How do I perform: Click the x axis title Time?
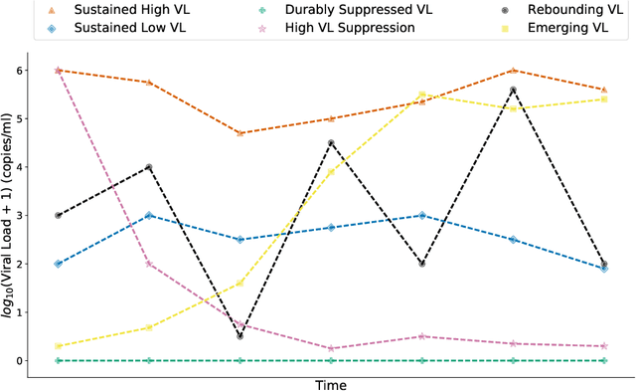[x=331, y=383]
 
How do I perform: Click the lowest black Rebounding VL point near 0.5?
[x=240, y=336]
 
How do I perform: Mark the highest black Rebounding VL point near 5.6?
[x=513, y=90]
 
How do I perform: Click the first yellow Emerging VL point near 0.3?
[x=59, y=346]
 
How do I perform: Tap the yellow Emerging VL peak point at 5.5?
[x=422, y=95]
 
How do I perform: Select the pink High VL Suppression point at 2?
[x=149, y=264]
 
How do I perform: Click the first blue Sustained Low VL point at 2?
[x=59, y=264]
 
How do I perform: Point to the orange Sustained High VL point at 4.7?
[x=240, y=133]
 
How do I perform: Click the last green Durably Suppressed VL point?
[x=604, y=360]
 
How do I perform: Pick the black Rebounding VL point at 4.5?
[x=331, y=143]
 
